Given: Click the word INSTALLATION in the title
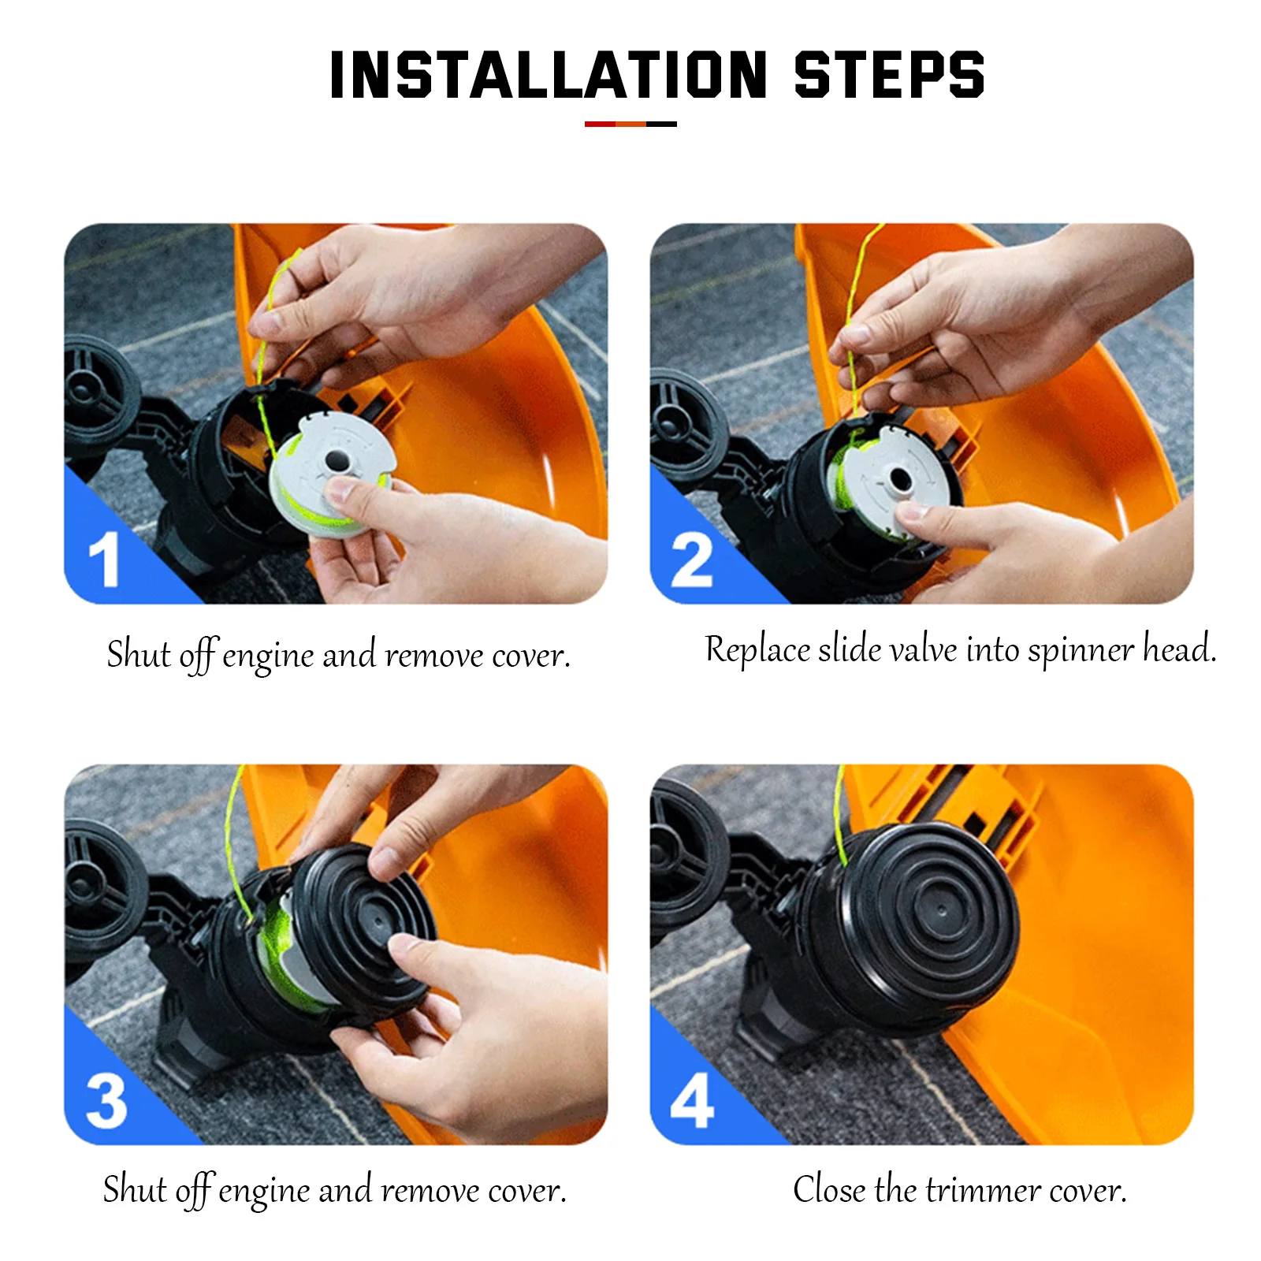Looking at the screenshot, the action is pos(549,75).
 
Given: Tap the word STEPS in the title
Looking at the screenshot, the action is pos(890,75).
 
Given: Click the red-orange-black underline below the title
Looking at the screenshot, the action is pos(630,124).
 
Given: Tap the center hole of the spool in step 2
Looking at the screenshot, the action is pos(899,478).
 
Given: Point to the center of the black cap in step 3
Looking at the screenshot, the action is pos(377,921).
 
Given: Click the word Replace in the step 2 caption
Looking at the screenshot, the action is pos(757,650).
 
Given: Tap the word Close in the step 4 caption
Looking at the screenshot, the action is pos(829,1188).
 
